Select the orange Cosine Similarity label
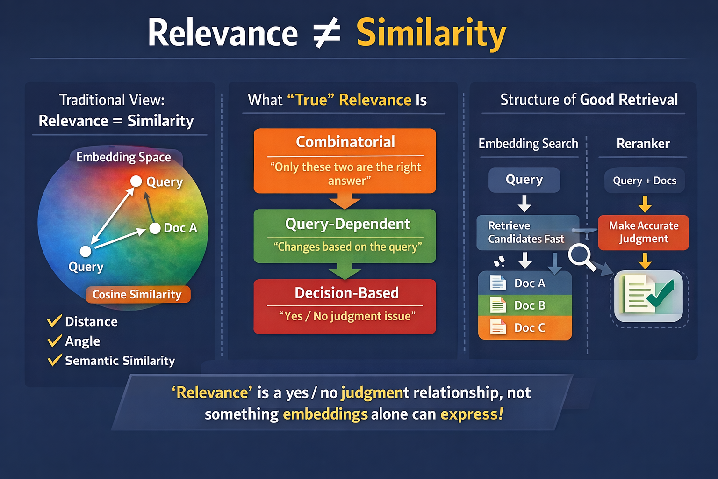coord(137,295)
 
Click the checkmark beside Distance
coord(55,321)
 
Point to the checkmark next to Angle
coord(55,341)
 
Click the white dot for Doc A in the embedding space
coord(155,228)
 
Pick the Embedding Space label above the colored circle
coord(123,157)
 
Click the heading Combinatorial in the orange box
coord(345,142)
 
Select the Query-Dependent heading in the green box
coord(347,224)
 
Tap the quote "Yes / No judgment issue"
coord(347,316)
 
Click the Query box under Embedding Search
coord(524,180)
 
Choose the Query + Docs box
coord(645,181)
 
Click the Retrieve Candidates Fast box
coord(527,232)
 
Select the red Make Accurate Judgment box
coord(643,232)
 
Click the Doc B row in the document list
coord(525,305)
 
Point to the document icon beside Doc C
coord(497,327)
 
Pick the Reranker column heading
coord(643,144)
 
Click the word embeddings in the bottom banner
coord(325,414)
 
